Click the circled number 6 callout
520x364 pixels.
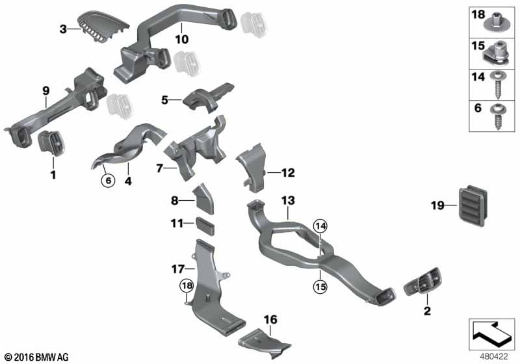[108, 181]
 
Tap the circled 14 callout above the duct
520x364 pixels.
[320, 226]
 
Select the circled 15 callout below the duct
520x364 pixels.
[320, 287]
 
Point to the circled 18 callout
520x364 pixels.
[187, 285]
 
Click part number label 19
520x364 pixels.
[437, 205]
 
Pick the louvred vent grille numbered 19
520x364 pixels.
[473, 207]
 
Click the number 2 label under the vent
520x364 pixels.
[427, 311]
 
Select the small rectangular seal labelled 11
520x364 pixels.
[205, 226]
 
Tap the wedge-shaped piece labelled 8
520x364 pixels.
[203, 200]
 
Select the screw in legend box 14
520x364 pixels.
[497, 85]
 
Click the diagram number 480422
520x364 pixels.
[494, 357]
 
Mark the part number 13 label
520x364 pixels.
[288, 201]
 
